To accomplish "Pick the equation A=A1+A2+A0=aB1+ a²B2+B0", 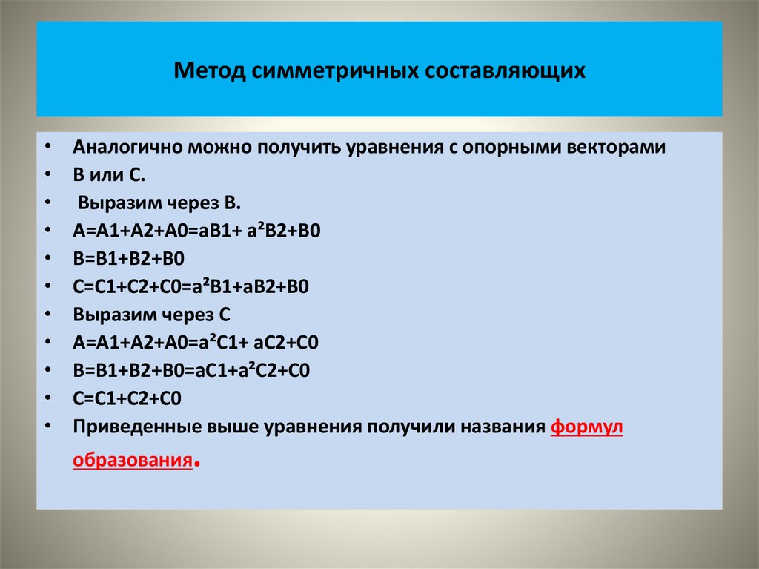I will tap(196, 231).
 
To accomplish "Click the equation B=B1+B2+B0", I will tap(127, 258).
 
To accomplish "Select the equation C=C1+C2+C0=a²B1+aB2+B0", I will tap(190, 286).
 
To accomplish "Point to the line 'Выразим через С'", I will tap(152, 315).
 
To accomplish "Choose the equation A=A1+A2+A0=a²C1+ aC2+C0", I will tap(196, 343).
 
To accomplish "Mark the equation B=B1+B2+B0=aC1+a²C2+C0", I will tap(190, 370).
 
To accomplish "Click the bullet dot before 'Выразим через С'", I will tap(47, 315).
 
